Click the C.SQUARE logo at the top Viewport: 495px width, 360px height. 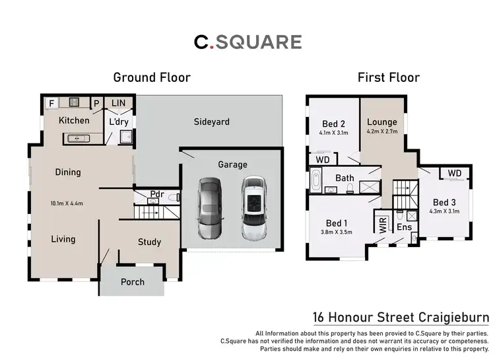[247, 42]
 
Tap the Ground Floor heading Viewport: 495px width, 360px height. [152, 77]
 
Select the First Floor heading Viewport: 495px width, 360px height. [389, 77]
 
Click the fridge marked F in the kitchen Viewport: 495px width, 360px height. [51, 104]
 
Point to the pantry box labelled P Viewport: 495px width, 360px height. [96, 104]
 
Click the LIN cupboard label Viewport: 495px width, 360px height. [119, 103]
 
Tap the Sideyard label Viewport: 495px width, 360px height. [211, 122]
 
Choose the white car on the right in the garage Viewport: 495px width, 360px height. [252, 208]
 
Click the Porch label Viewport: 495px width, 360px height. [132, 282]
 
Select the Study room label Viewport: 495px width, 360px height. [149, 242]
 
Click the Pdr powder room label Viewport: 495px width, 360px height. [157, 194]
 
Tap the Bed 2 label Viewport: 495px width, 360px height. [334, 124]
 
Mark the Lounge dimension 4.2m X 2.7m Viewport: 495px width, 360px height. [382, 132]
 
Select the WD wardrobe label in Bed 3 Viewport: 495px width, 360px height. [455, 173]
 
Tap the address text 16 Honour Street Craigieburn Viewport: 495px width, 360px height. [400, 317]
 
